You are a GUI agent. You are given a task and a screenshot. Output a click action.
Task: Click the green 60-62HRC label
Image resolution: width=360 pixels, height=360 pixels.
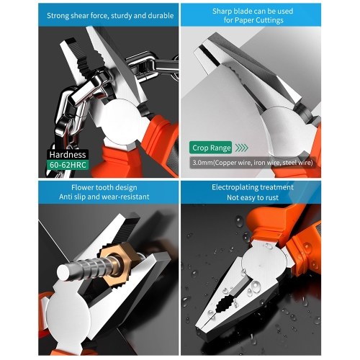click(x=68, y=165)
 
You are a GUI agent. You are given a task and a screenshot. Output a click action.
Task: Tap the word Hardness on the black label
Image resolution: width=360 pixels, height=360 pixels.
click(x=68, y=154)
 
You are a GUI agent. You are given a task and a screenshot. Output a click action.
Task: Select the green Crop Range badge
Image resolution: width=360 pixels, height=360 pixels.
click(x=211, y=148)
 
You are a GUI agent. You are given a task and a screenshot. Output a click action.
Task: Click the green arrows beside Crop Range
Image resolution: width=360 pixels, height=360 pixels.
click(x=241, y=148)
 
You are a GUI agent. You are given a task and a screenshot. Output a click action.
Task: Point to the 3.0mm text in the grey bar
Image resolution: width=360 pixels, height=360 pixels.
click(x=202, y=163)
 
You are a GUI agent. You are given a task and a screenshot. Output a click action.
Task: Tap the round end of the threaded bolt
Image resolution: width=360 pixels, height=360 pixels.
click(x=65, y=272)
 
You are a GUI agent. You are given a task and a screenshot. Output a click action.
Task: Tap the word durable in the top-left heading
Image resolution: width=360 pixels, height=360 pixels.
click(x=161, y=16)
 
